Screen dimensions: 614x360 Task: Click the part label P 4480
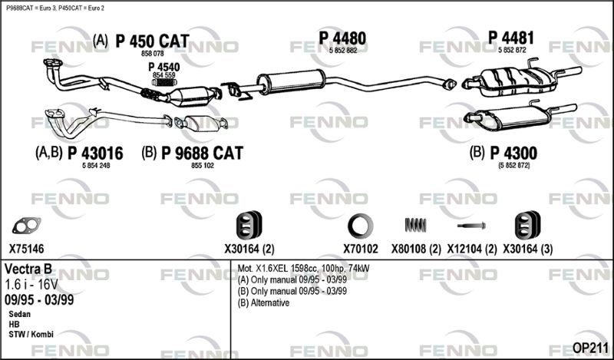point(342,38)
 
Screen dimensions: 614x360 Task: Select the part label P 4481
point(511,38)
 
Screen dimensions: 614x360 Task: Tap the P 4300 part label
point(513,154)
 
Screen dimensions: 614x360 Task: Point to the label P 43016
point(95,154)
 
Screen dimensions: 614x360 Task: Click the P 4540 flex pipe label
point(164,67)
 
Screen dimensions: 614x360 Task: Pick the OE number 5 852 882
point(343,50)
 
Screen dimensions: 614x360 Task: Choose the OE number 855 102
point(203,166)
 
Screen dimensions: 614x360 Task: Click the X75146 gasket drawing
point(26,226)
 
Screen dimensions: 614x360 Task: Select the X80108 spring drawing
point(415,225)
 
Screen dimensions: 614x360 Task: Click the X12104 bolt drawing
point(471,226)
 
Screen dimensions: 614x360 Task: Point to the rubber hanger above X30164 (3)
point(527,225)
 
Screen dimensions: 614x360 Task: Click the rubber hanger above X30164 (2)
point(249,225)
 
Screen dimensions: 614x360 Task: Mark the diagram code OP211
point(590,348)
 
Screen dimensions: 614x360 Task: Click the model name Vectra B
point(28,269)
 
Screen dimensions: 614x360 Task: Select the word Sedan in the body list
point(20,314)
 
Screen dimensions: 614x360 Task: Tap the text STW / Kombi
point(31,335)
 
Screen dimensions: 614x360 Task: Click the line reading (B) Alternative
point(263,302)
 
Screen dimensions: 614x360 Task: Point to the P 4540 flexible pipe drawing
point(164,82)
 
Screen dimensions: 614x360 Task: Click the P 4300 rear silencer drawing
point(520,116)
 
